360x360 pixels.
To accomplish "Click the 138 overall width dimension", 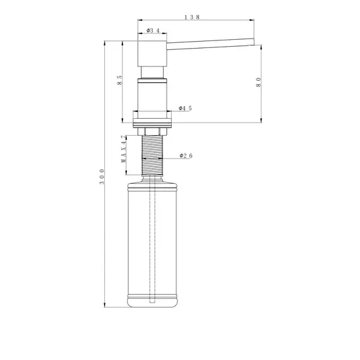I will point(193,17).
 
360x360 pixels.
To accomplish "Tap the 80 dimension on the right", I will point(259,82).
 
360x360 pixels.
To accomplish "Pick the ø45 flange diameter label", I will point(185,109).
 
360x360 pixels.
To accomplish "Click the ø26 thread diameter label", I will point(186,155).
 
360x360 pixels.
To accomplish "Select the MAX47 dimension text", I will point(124,149).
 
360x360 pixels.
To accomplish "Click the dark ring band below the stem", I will point(152,80).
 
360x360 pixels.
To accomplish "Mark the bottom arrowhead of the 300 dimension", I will point(105,305).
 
